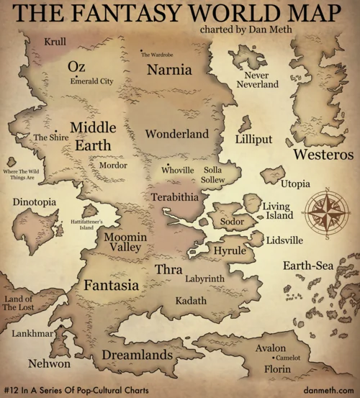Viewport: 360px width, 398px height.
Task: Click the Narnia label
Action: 169,71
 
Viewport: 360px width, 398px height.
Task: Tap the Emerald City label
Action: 91,81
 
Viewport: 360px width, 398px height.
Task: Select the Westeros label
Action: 323,154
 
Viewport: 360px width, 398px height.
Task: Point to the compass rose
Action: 327,214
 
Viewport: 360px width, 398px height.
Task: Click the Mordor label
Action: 112,166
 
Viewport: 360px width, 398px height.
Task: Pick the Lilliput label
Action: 254,139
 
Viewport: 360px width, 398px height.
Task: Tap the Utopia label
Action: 295,184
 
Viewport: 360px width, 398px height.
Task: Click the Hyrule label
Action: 230,250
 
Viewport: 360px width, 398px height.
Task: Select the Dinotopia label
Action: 35,203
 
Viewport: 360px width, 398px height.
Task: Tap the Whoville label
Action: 178,171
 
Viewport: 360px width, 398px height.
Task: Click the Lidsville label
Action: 284,240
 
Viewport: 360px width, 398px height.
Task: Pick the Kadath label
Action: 190,299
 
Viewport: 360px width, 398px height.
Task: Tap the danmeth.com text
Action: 329,389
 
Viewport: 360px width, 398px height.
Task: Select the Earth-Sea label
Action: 308,266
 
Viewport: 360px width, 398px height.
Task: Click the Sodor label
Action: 233,222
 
